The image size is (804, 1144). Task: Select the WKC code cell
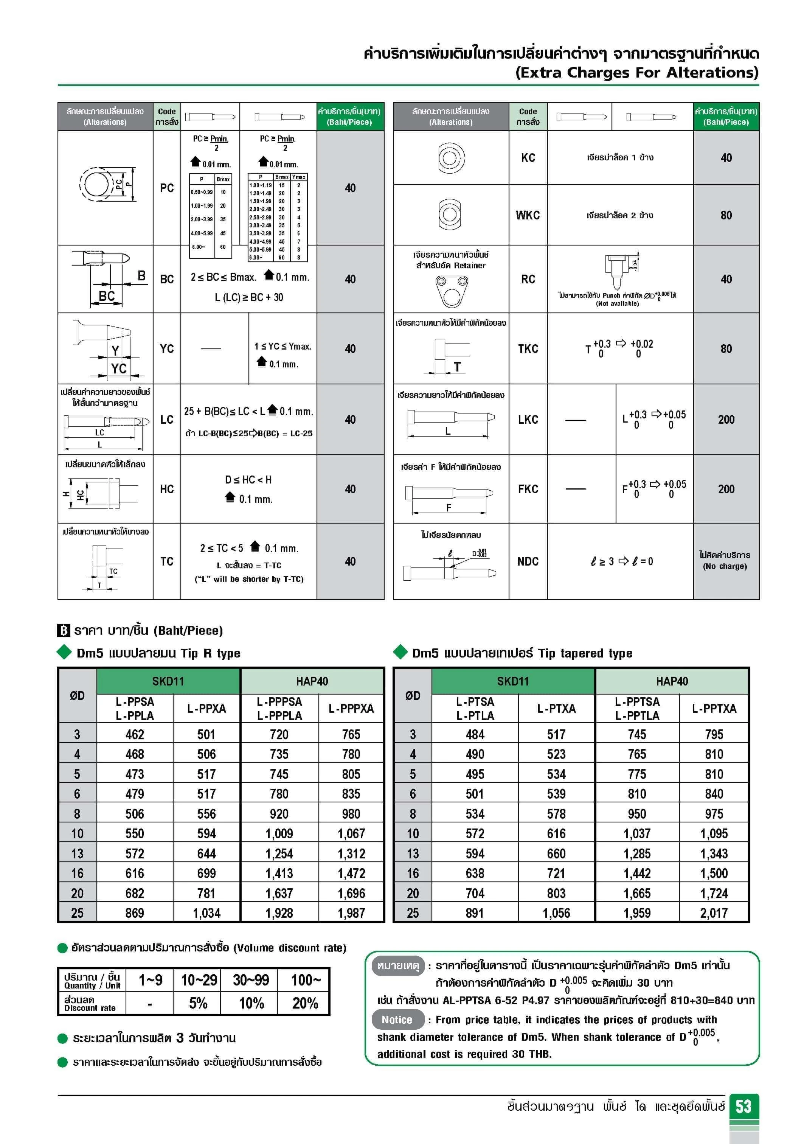tap(528, 215)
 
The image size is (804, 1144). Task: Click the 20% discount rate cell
tap(305, 1003)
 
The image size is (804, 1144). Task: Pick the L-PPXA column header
tap(206, 708)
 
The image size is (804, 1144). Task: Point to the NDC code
tap(528, 561)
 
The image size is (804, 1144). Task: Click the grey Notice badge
tap(397, 1020)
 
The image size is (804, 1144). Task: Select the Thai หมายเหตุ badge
tap(398, 965)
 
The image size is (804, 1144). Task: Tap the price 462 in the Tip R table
tap(135, 734)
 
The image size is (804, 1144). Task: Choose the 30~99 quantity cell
tap(251, 980)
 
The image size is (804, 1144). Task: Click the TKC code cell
tap(528, 349)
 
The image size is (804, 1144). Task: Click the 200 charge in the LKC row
tap(726, 420)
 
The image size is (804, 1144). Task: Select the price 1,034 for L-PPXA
tap(206, 913)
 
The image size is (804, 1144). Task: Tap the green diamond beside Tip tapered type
tap(400, 652)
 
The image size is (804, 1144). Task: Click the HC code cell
tap(167, 489)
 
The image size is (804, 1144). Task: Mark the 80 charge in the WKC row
tap(726, 215)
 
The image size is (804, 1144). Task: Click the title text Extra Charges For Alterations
tap(636, 73)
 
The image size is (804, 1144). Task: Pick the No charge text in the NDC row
tap(725, 567)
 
